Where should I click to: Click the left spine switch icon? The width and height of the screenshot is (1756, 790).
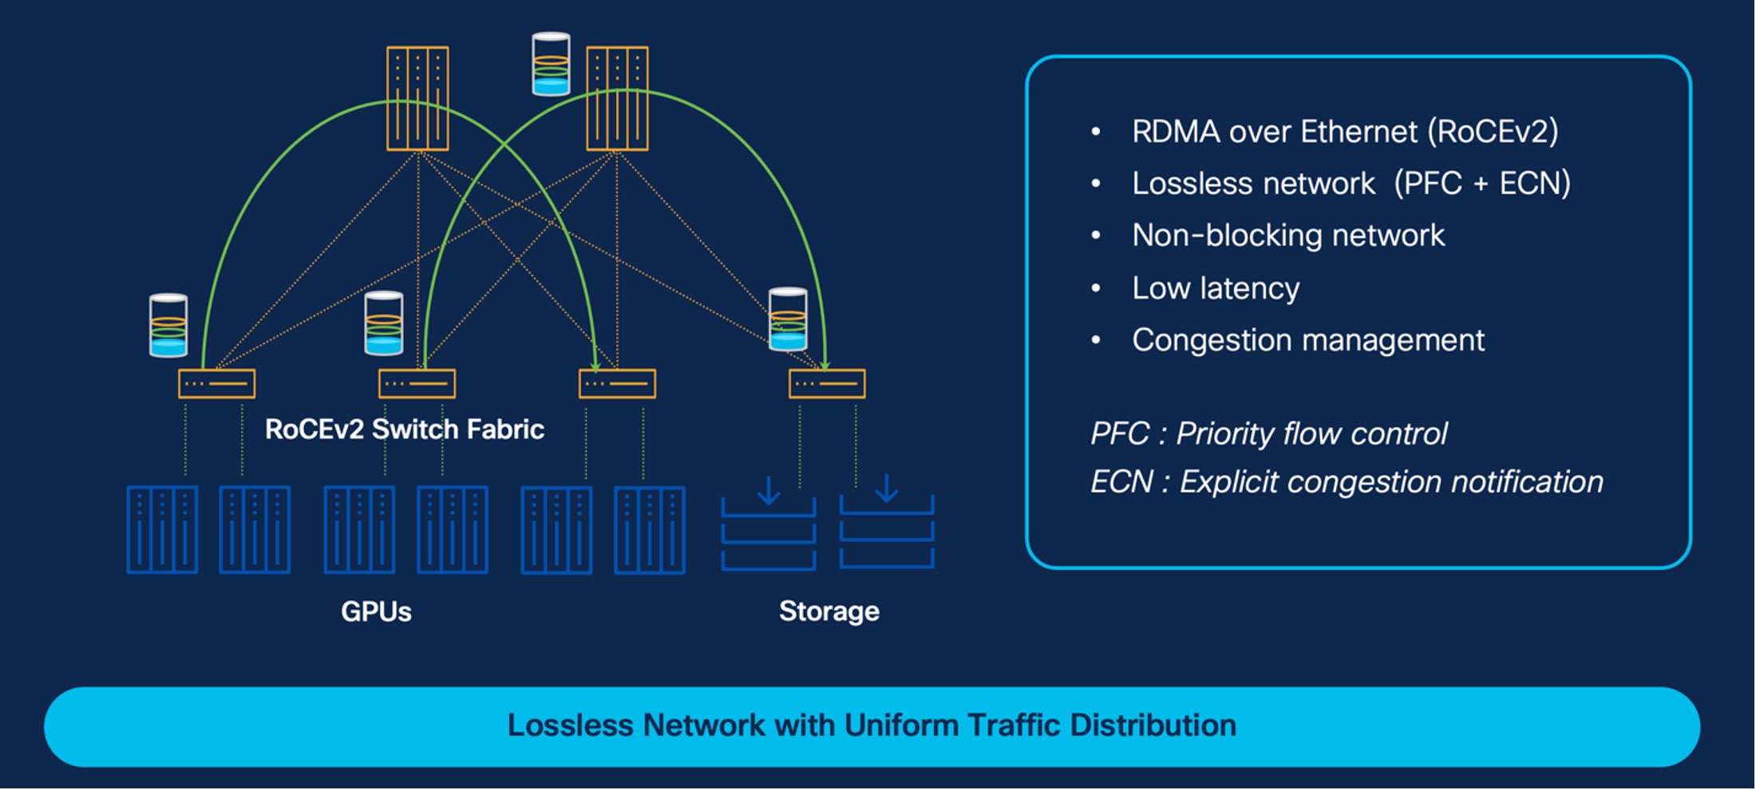[x=417, y=98]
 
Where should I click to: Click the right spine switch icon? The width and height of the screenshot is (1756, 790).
[x=617, y=98]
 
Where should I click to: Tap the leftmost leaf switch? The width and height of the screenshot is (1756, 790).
[x=216, y=384]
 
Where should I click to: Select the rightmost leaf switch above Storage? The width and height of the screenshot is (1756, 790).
[x=827, y=384]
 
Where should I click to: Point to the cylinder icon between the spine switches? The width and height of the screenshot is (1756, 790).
[x=551, y=64]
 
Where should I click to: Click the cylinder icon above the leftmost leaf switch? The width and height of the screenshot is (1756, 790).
[x=168, y=326]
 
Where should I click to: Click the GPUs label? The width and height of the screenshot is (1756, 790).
[x=376, y=612]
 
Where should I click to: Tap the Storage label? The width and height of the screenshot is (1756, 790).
[x=829, y=611]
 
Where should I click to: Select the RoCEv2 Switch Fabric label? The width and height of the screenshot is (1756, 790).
[x=404, y=429]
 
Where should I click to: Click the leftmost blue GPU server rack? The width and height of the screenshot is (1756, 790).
[x=162, y=530]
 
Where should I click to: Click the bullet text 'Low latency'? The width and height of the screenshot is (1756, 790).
[x=1215, y=288]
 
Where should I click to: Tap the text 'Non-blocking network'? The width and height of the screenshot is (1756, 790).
[x=1287, y=235]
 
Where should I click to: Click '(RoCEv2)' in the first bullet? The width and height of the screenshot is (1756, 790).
[x=1493, y=132]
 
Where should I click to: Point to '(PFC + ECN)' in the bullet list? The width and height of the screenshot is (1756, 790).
[x=1481, y=184]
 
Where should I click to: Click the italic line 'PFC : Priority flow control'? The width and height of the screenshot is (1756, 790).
[x=1268, y=434]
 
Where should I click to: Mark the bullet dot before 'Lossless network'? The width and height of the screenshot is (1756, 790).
[x=1096, y=184]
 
